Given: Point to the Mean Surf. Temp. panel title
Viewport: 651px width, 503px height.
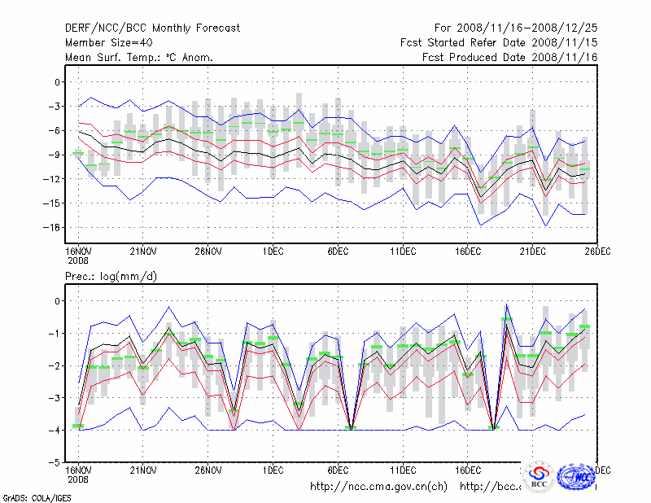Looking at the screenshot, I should pyautogui.click(x=139, y=57).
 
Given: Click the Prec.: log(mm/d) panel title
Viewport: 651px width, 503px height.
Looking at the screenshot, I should pyautogui.click(x=111, y=277).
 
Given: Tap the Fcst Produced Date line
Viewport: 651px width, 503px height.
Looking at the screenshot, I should pyautogui.click(x=510, y=57).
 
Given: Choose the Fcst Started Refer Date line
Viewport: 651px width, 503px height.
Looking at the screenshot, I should pyautogui.click(x=499, y=42).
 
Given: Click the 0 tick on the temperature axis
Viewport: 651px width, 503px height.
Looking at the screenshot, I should pyautogui.click(x=56, y=82).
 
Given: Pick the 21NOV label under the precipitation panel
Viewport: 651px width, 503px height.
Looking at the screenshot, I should pyautogui.click(x=142, y=470).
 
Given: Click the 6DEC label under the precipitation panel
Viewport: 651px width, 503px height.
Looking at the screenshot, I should pyautogui.click(x=338, y=470).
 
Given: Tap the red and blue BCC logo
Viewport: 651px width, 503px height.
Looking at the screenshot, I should pyautogui.click(x=539, y=476).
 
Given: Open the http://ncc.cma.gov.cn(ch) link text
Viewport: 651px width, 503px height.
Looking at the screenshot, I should pyautogui.click(x=378, y=487).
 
